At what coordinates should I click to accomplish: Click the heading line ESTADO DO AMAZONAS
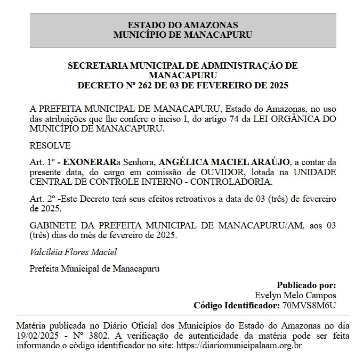pyautogui.click(x=183, y=25)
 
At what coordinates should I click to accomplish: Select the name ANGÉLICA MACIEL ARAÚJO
pyautogui.click(x=224, y=162)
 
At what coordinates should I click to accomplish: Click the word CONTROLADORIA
pyautogui.click(x=231, y=182)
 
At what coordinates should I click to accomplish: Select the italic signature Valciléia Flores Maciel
pyautogui.click(x=73, y=252)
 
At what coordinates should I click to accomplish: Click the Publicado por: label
pyautogui.click(x=306, y=285)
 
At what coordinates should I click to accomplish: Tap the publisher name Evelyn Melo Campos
pyautogui.click(x=295, y=295)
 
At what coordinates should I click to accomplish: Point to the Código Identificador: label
pyautogui.click(x=236, y=305)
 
